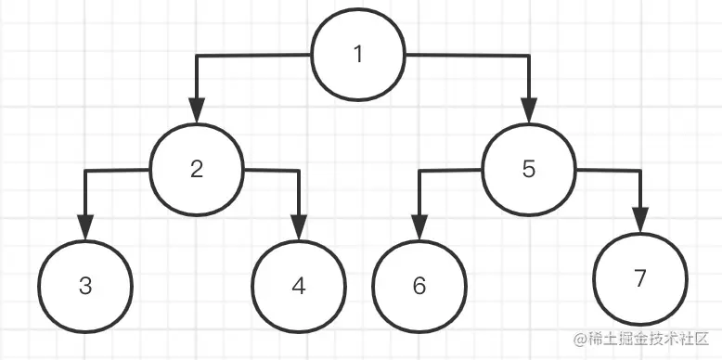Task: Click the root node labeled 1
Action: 358,55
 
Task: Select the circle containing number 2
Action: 197,169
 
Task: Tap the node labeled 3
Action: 85,286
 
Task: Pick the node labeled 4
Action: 298,286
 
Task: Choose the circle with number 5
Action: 529,169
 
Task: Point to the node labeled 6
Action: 419,286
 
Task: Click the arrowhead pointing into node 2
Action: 197,113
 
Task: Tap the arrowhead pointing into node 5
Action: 529,113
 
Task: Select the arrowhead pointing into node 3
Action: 85,228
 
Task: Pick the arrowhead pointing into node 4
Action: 298,228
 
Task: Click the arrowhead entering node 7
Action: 640,221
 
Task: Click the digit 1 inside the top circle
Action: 358,55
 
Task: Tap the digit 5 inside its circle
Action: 529,169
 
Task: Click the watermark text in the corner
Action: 640,341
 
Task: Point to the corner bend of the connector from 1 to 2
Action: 197,57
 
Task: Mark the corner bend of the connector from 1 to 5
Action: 529,57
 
